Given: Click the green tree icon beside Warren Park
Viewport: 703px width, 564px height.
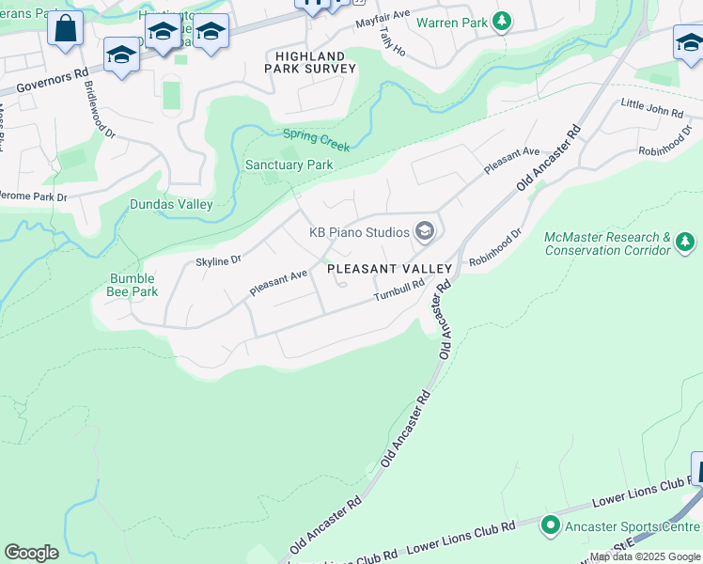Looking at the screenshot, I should (x=503, y=21).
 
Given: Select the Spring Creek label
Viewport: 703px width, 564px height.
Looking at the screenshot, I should (x=317, y=140).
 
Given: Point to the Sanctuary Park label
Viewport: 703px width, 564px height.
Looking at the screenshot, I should (x=289, y=164).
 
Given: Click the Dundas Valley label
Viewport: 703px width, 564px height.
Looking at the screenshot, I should (x=170, y=204).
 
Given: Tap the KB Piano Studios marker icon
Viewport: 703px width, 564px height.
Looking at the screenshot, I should (x=425, y=231).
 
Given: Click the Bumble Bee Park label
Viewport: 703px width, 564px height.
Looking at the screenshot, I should (x=132, y=285).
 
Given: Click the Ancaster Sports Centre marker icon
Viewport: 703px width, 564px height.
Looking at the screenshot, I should (x=551, y=526).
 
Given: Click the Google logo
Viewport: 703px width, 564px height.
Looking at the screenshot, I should (x=31, y=553).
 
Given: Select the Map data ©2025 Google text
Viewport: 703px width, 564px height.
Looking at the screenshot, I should (x=645, y=556).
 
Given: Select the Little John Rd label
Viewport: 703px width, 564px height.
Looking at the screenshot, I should (x=651, y=112).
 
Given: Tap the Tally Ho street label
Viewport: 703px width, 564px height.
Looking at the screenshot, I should (x=394, y=41).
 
